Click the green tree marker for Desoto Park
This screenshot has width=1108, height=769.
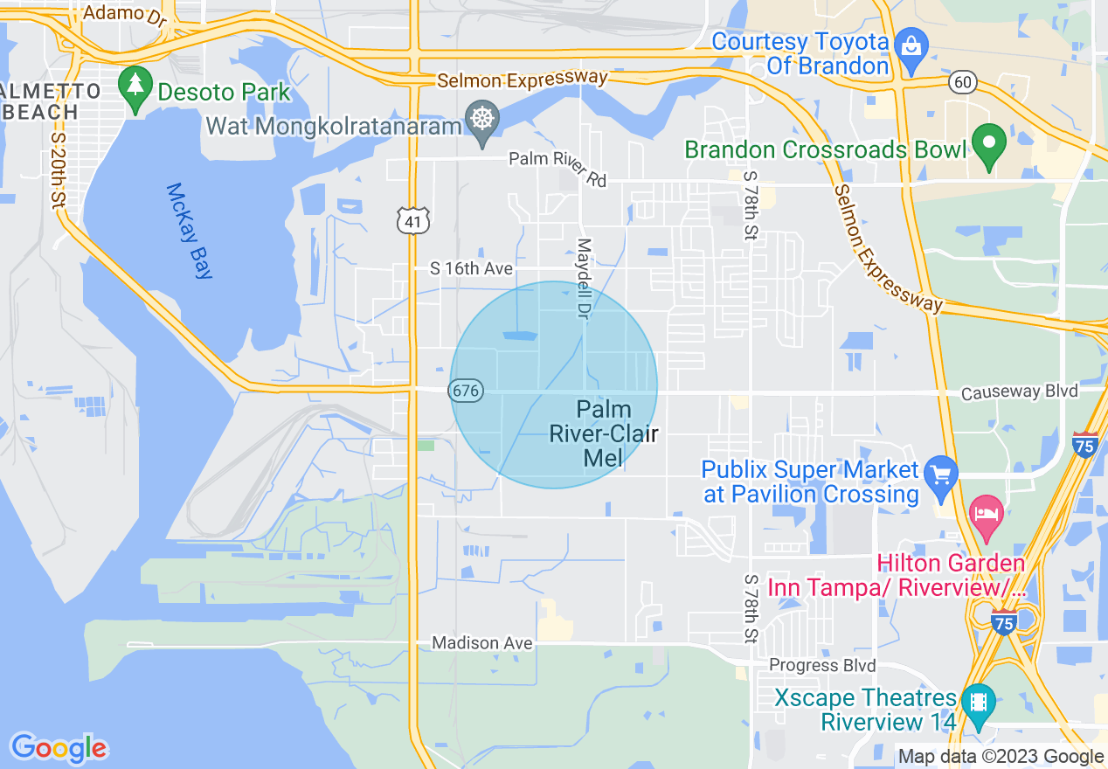(x=135, y=87)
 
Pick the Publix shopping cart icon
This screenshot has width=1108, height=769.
(x=941, y=476)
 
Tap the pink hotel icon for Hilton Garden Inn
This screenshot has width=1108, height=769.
(x=987, y=514)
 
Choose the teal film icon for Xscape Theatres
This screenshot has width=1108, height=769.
(x=978, y=703)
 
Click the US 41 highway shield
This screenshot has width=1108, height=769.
(x=413, y=221)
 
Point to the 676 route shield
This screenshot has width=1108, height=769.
(x=467, y=391)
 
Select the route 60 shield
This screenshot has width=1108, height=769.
(x=963, y=82)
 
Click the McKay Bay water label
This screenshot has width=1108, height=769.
(x=190, y=231)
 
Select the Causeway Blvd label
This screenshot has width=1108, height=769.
(x=1019, y=391)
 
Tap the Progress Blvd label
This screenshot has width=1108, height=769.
(x=822, y=666)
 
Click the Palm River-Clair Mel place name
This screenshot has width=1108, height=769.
(x=604, y=433)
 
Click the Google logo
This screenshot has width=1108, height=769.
(x=59, y=748)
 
